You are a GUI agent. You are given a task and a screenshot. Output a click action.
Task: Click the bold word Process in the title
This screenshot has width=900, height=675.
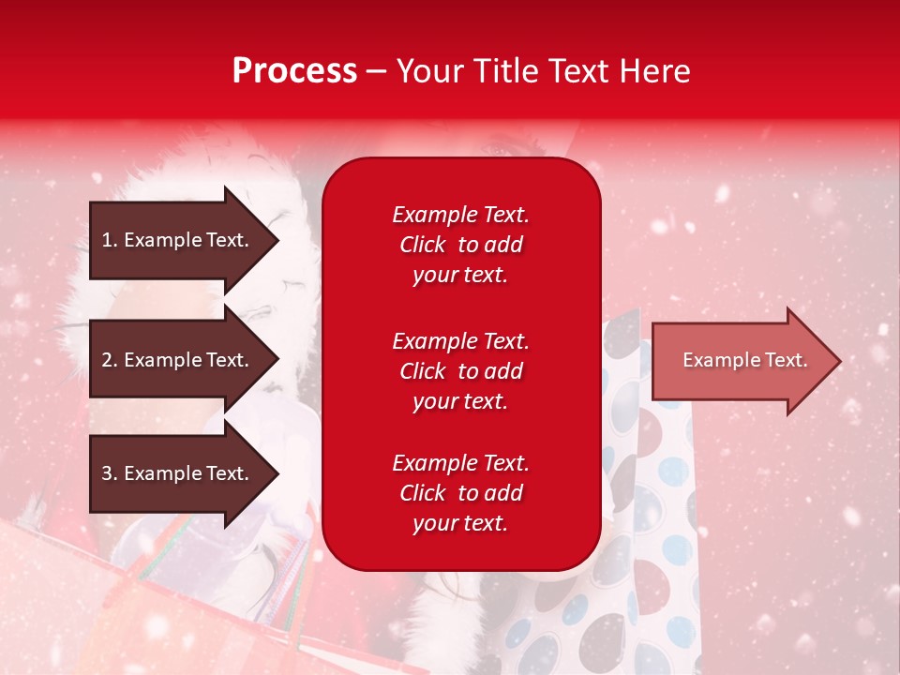tap(294, 71)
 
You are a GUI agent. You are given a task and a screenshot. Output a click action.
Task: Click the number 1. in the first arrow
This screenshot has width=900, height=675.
tap(109, 240)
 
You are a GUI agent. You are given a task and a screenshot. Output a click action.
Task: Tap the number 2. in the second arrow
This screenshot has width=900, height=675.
tap(109, 360)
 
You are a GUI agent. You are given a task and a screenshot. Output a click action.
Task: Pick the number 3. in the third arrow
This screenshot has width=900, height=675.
tap(109, 473)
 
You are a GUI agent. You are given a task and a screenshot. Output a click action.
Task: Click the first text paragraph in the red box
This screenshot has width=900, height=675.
tap(460, 245)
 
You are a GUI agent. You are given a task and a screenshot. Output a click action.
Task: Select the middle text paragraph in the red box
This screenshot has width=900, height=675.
tap(460, 371)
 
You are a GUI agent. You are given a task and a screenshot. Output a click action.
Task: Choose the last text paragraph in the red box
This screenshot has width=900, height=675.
tap(460, 493)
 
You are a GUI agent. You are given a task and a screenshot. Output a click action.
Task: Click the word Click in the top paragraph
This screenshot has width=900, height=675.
tap(423, 245)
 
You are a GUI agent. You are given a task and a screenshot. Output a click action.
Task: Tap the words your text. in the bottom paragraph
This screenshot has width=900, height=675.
tap(460, 523)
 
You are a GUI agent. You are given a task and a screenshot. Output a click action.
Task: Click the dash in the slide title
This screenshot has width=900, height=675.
tap(376, 71)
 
